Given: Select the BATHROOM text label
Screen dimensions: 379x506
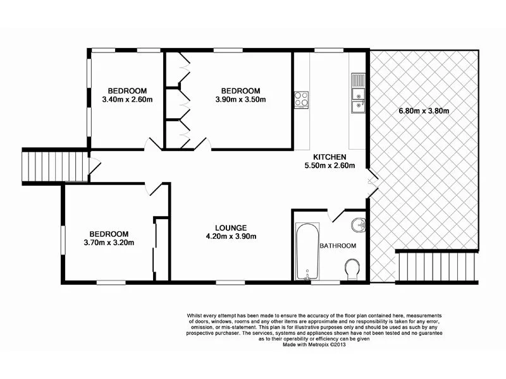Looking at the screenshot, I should [337, 246].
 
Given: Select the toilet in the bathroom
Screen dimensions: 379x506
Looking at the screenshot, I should [352, 269].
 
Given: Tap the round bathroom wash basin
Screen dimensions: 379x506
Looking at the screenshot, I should [357, 223].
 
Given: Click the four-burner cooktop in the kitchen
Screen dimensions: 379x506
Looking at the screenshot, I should [301, 99].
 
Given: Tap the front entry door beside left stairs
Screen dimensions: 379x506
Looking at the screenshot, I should [93, 167].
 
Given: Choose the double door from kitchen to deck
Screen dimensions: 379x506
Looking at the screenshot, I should [373, 183].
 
